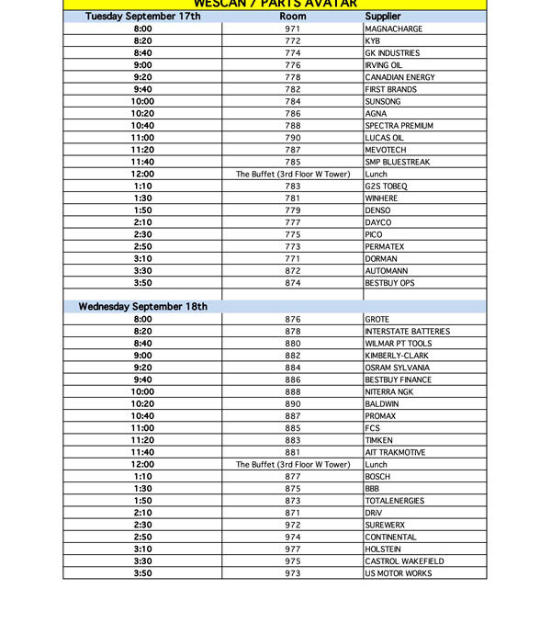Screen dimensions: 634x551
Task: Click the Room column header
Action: click(x=293, y=17)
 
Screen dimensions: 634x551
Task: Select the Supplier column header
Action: click(x=382, y=17)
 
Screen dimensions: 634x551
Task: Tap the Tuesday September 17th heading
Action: click(x=142, y=17)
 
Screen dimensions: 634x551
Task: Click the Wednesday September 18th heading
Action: click(x=142, y=307)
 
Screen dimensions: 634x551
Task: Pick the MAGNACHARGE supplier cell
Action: click(x=394, y=29)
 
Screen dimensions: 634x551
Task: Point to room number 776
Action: click(x=293, y=65)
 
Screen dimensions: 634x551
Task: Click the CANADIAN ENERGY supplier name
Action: click(x=399, y=77)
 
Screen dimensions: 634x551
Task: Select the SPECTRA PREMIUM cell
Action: click(x=399, y=126)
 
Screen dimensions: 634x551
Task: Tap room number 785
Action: click(x=293, y=162)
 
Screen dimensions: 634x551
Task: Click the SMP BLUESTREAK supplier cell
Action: click(x=397, y=162)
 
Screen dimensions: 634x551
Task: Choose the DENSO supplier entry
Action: click(x=377, y=210)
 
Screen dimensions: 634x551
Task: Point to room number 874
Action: click(x=293, y=283)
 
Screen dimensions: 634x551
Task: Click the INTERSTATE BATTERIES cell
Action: click(x=407, y=332)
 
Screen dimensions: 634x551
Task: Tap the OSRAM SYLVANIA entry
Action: click(x=398, y=368)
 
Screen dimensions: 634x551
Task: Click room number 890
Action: click(x=293, y=404)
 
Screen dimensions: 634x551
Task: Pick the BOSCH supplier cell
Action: click(x=377, y=477)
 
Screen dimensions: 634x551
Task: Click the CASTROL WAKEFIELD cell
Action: click(x=404, y=561)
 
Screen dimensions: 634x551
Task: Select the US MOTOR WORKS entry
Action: click(x=397, y=573)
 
